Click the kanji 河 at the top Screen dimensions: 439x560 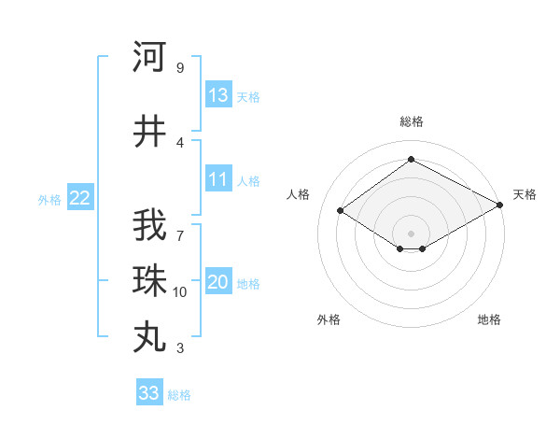pos(149,57)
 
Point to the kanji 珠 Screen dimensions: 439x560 pos(149,281)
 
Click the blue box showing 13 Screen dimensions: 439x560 pos(218,96)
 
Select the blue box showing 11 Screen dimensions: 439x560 pos(218,180)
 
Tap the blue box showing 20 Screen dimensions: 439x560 pos(218,283)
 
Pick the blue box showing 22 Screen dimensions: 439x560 pos(80,198)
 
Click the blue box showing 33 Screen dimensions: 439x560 pos(149,393)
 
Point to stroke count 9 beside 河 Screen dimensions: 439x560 pos(180,68)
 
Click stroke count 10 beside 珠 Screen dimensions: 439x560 pos(180,292)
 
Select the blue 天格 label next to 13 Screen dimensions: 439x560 pos(248,97)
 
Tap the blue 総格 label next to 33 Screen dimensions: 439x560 pos(179,395)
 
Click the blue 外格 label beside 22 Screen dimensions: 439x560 pos(49,199)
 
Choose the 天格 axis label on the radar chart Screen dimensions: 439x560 pos(525,194)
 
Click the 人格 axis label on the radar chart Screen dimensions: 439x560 pos(299,194)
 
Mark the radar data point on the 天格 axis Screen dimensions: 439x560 pos(500,205)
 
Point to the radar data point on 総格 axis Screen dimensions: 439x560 pos(411,160)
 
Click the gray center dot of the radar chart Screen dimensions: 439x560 pos(411,232)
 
